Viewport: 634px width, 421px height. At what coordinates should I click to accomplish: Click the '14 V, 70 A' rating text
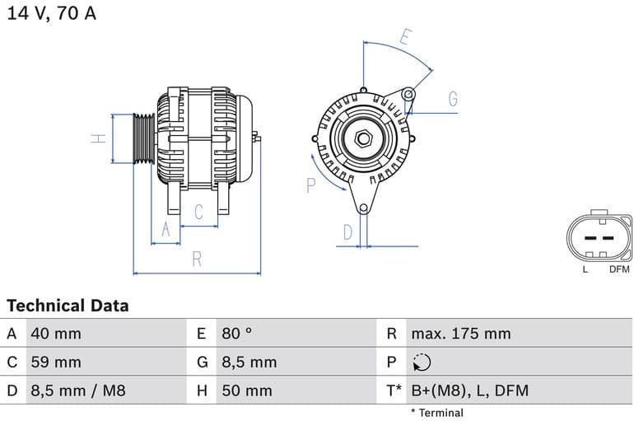52,14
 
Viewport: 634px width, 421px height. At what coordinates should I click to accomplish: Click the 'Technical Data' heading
68,306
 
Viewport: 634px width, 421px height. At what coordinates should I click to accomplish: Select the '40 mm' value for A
56,334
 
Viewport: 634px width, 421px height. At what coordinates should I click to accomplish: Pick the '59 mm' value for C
56,362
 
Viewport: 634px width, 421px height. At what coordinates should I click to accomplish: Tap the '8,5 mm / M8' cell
78,391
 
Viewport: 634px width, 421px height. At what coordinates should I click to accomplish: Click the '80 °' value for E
237,334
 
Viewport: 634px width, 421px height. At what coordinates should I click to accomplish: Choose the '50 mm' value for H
247,391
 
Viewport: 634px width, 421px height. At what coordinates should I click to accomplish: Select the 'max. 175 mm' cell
461,334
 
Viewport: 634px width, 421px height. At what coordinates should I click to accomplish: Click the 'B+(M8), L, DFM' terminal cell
469,391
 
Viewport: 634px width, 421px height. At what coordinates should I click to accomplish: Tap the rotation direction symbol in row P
422,363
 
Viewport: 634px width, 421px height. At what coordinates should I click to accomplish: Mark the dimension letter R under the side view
197,260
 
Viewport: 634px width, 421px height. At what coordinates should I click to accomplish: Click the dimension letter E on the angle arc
405,37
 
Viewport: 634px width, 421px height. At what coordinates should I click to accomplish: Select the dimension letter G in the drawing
453,100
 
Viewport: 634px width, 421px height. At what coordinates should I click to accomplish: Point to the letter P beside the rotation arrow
311,185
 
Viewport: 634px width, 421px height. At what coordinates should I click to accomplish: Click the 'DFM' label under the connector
618,269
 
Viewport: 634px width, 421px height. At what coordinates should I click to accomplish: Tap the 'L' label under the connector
585,269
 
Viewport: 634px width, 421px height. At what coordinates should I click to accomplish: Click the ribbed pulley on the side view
144,138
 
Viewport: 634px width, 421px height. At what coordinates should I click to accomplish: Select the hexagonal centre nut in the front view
363,138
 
